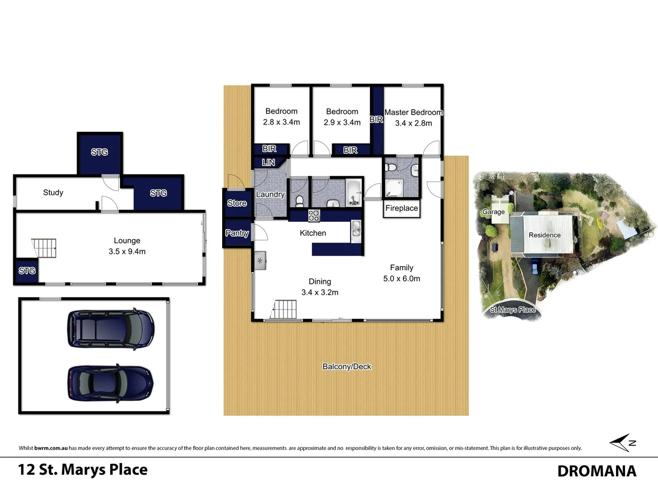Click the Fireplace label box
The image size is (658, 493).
pyautogui.click(x=401, y=209)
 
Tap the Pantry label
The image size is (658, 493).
pyautogui.click(x=237, y=233)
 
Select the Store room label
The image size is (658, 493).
pyautogui.click(x=237, y=203)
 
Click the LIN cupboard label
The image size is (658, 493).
pyautogui.click(x=268, y=163)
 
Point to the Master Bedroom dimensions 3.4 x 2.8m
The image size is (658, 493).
pyautogui.click(x=413, y=123)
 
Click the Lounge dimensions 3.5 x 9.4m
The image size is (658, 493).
pyautogui.click(x=127, y=252)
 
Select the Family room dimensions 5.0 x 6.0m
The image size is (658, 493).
pyautogui.click(x=401, y=278)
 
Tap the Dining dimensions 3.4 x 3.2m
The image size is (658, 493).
pyautogui.click(x=319, y=293)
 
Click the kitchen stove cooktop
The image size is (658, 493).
pyautogui.click(x=314, y=215)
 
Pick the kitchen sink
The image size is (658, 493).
pyautogui.click(x=356, y=229)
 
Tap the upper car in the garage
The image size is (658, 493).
pyautogui.click(x=111, y=329)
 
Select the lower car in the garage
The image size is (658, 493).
pyautogui.click(x=111, y=383)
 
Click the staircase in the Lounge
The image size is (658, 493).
pyautogui.click(x=44, y=248)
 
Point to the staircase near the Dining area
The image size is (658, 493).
pyautogui.click(x=285, y=309)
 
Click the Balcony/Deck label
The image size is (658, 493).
pyautogui.click(x=346, y=367)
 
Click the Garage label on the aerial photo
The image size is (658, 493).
pyautogui.click(x=493, y=212)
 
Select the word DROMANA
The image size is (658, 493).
pyautogui.click(x=596, y=471)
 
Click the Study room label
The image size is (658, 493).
pyautogui.click(x=53, y=193)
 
